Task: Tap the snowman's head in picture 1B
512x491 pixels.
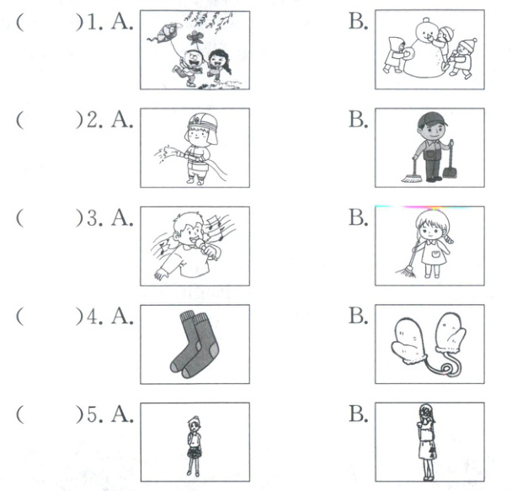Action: click(x=426, y=29)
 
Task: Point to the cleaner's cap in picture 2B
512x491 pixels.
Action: click(x=431, y=119)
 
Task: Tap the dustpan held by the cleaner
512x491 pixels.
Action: click(x=450, y=172)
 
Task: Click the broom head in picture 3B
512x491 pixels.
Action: click(x=407, y=272)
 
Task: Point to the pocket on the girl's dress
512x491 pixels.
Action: click(x=436, y=254)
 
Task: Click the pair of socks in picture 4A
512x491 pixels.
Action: click(x=195, y=344)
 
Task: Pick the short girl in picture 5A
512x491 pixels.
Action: click(x=194, y=446)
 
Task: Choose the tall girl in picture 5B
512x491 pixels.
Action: click(x=427, y=441)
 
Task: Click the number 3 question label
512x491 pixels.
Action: click(x=94, y=218)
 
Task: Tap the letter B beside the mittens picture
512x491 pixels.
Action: click(x=358, y=316)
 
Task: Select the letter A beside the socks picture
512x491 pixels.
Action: click(x=122, y=317)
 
